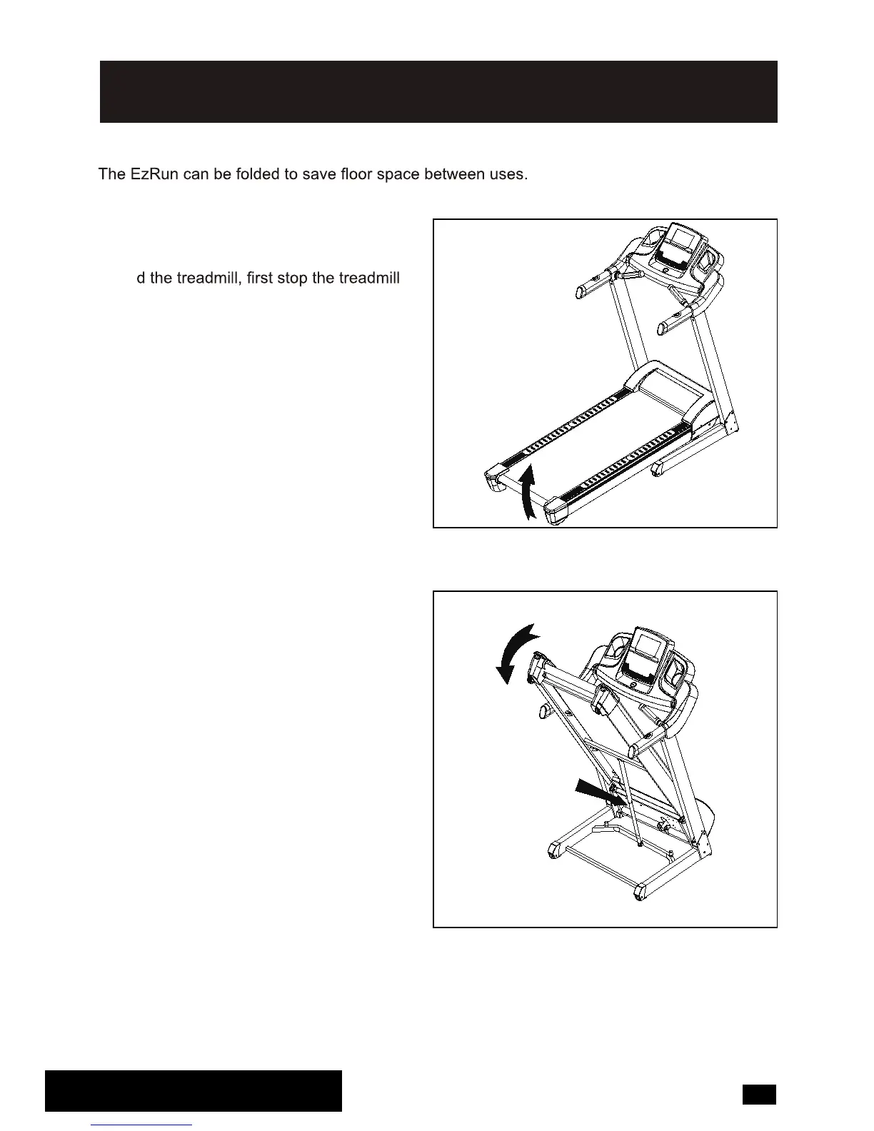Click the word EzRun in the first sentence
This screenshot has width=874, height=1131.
point(154,175)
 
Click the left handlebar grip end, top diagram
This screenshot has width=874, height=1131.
point(581,292)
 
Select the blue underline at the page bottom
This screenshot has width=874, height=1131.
point(142,1125)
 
